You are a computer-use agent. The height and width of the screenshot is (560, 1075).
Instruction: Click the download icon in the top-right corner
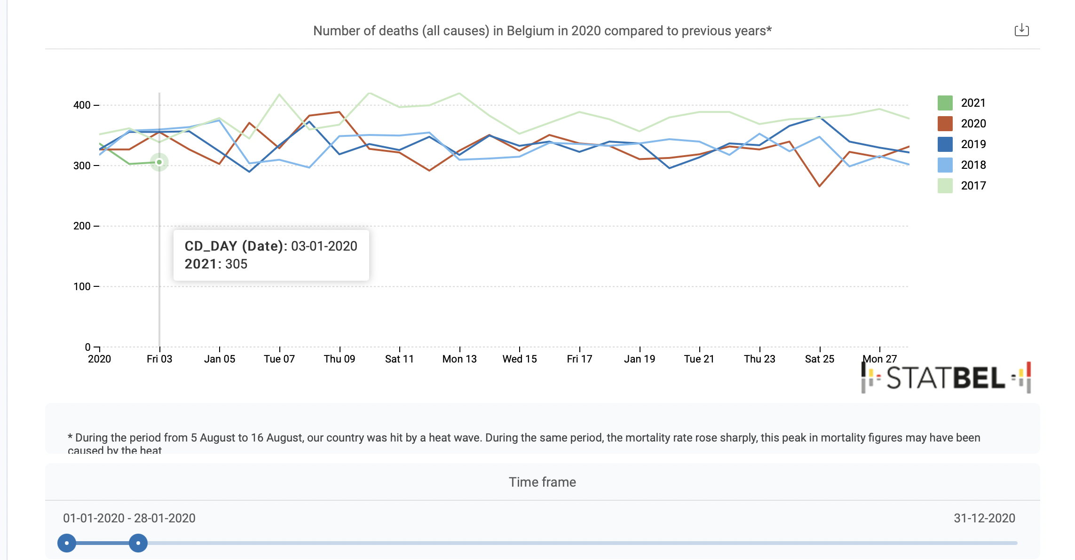(x=1021, y=31)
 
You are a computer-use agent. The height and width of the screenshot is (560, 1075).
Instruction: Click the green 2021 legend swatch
(x=945, y=103)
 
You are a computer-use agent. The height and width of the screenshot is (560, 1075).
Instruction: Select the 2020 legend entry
(x=973, y=124)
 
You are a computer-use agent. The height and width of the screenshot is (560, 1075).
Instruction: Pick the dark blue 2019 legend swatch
(x=945, y=144)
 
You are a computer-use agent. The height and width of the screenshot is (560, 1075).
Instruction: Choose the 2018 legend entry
(x=973, y=165)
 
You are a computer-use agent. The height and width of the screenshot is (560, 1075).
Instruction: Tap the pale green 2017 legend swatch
(x=945, y=186)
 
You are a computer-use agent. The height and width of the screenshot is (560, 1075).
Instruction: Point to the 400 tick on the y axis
(x=82, y=105)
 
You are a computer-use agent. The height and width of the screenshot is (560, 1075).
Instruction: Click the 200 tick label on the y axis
(x=82, y=226)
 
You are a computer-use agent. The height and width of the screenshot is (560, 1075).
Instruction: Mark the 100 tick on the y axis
(x=82, y=287)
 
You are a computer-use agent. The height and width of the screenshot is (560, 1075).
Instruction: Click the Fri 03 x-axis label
(x=159, y=359)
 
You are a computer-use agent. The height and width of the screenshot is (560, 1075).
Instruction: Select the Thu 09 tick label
(x=340, y=359)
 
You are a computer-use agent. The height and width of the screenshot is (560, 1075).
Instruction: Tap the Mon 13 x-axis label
(x=459, y=359)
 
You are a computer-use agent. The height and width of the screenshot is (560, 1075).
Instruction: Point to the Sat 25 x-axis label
(x=820, y=359)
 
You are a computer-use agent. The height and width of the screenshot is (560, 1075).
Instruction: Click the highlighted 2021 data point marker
(x=159, y=162)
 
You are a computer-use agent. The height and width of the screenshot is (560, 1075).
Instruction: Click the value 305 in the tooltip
(x=236, y=264)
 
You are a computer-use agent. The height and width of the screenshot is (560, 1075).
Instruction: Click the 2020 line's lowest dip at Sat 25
(x=820, y=186)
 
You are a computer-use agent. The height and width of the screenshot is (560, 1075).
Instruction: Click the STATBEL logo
(x=946, y=378)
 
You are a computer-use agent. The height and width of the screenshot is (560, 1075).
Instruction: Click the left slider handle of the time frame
(x=67, y=543)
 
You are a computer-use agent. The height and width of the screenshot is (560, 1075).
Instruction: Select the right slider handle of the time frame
(x=138, y=543)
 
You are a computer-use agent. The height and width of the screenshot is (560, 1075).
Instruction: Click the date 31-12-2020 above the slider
(x=984, y=518)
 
